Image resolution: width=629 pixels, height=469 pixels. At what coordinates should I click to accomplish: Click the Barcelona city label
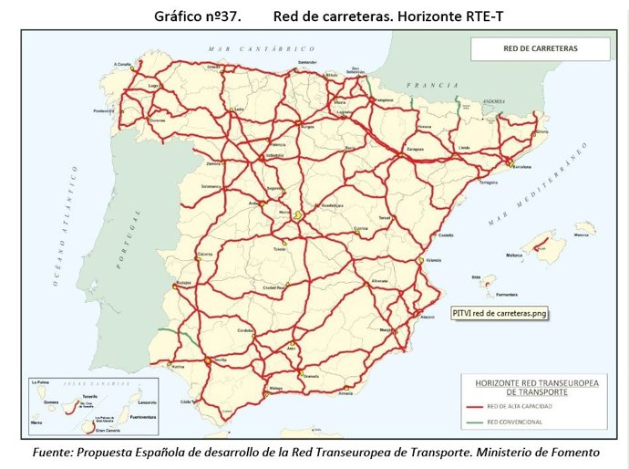click(x=522, y=169)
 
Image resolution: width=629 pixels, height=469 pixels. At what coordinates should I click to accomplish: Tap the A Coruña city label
click(x=123, y=64)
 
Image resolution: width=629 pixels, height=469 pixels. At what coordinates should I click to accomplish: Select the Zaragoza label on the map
click(x=416, y=147)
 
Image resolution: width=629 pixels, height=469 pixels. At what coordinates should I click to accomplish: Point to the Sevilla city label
click(x=221, y=360)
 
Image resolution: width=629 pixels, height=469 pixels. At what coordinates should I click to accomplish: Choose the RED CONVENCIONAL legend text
click(x=517, y=422)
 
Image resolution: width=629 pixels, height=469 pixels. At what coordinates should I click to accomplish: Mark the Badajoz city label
click(x=184, y=282)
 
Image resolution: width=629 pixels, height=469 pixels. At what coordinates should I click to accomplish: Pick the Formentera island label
click(x=508, y=294)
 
